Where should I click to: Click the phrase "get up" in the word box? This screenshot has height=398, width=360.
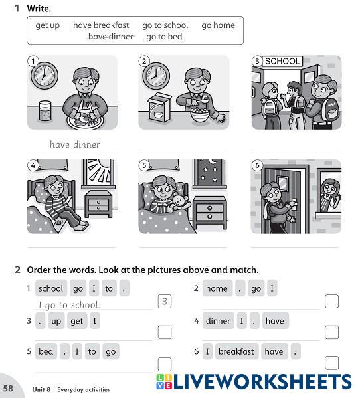pos(47,25)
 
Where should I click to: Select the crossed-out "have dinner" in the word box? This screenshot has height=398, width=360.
pos(111,37)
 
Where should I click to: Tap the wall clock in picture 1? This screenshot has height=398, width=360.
pos(45,76)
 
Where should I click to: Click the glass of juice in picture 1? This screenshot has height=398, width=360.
pos(45,111)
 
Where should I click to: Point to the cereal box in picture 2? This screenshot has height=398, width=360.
pos(159,108)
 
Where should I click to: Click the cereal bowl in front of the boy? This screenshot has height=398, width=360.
pos(200,116)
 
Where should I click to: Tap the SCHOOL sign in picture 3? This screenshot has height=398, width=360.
pos(282,61)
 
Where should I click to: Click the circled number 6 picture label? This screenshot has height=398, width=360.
pos(257,165)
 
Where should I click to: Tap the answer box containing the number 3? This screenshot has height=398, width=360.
pos(165,301)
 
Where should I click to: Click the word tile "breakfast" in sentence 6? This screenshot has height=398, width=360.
pos(236,351)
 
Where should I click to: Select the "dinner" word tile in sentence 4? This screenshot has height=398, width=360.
pos(218,320)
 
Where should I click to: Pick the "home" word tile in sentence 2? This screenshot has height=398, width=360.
pos(217,288)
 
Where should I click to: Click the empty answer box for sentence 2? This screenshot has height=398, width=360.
pos(331,301)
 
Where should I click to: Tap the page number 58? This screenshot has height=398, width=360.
pos(9,388)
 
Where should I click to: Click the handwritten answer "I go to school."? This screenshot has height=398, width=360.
pos(69,305)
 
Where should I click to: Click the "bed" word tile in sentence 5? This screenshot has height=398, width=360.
pos(46,351)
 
